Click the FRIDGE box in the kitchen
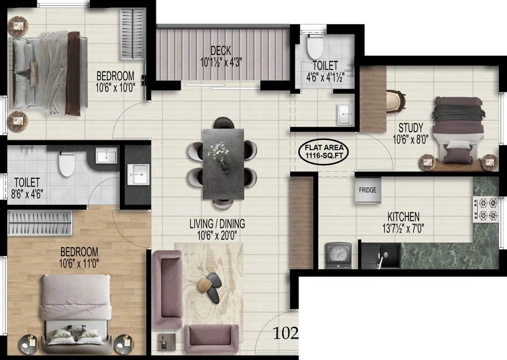click(x=368, y=190)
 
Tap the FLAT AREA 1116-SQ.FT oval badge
click(x=326, y=152)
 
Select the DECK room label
click(x=221, y=51)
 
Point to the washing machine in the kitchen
click(x=338, y=256)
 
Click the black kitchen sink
click(x=381, y=256)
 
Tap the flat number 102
click(x=285, y=333)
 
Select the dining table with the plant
click(x=223, y=164)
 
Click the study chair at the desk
click(x=396, y=101)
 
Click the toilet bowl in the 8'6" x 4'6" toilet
click(x=67, y=164)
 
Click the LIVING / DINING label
click(x=217, y=223)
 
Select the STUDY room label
click(x=410, y=127)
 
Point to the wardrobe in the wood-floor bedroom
click(x=40, y=222)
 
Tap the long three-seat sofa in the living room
click(x=167, y=289)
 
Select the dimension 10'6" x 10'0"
click(x=115, y=88)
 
